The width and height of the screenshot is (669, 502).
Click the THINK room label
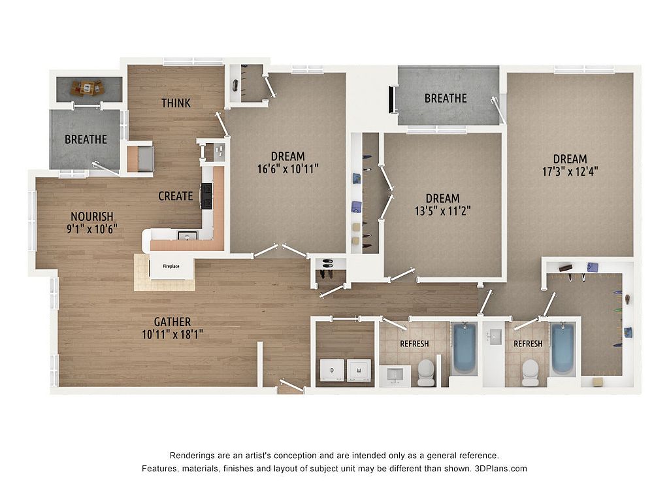pyautogui.click(x=176, y=103)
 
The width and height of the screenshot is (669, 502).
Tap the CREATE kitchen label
pyautogui.click(x=175, y=196)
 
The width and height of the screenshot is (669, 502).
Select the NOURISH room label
pyautogui.click(x=91, y=216)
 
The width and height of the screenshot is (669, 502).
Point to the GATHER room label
pyautogui.click(x=172, y=322)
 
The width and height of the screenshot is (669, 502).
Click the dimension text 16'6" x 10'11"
pyautogui.click(x=288, y=169)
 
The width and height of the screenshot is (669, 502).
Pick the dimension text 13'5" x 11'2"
pyautogui.click(x=443, y=211)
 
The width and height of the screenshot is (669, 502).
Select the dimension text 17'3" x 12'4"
pyautogui.click(x=570, y=172)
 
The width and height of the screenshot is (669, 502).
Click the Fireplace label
pyautogui.click(x=171, y=267)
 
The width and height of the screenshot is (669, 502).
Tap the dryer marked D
pyautogui.click(x=332, y=370)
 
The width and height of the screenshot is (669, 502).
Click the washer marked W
pyautogui.click(x=359, y=370)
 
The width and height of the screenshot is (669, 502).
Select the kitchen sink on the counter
pyautogui.click(x=188, y=235)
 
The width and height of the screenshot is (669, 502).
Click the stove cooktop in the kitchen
pyautogui.click(x=207, y=196)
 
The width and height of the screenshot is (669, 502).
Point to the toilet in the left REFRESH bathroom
pyautogui.click(x=426, y=372)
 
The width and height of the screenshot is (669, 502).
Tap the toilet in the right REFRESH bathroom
pyautogui.click(x=530, y=372)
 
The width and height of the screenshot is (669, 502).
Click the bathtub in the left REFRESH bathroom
pyautogui.click(x=465, y=348)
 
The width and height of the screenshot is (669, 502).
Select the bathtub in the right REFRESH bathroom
pyautogui.click(x=563, y=348)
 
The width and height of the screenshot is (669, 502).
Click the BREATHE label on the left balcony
pyautogui.click(x=86, y=140)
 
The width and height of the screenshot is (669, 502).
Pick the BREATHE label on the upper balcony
pyautogui.click(x=446, y=99)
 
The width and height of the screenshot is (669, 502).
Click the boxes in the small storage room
pyautogui.click(x=88, y=88)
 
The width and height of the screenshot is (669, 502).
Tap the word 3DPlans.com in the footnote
pyautogui.click(x=501, y=469)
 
